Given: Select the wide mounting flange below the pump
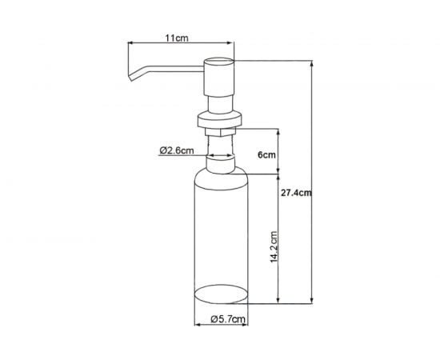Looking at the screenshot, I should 219,121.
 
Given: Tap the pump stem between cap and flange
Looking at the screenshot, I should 221,102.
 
